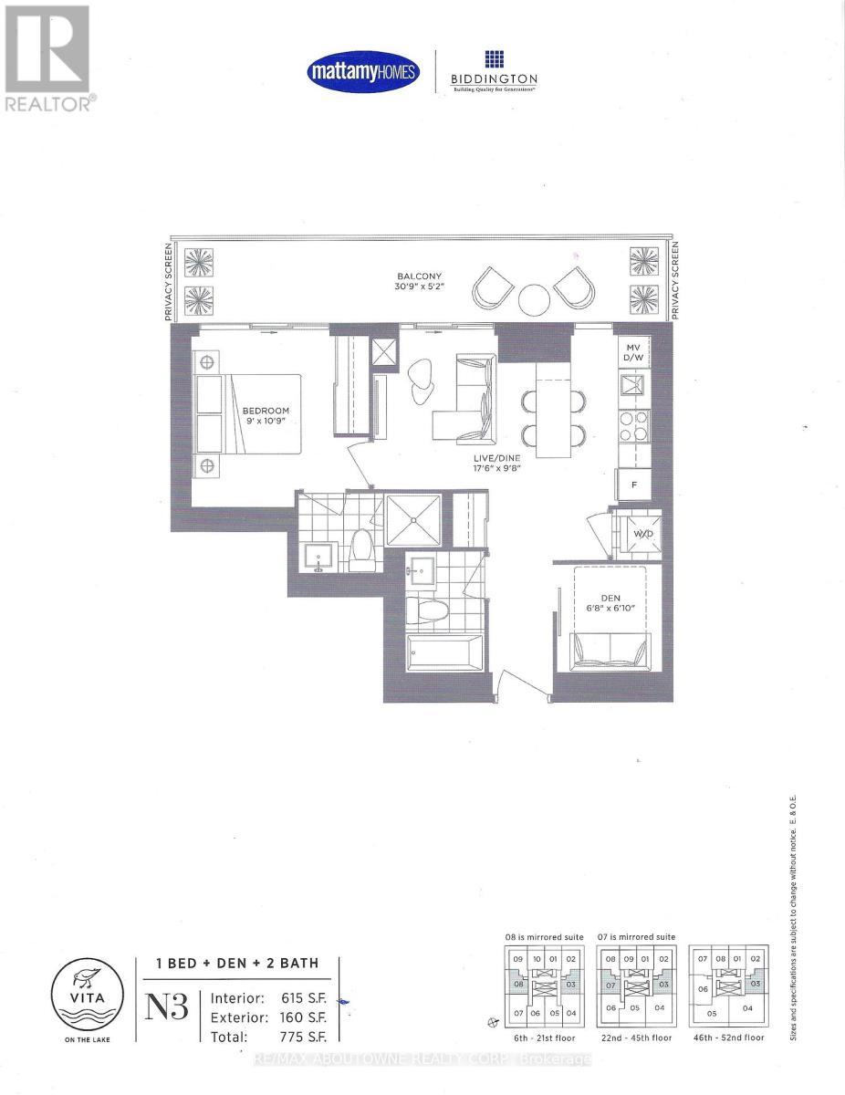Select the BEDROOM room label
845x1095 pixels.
pos(265,416)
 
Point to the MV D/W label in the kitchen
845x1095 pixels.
pos(632,353)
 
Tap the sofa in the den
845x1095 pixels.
pos(609,650)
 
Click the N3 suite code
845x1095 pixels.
pos(167,1009)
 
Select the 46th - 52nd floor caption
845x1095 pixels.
pos(727,1038)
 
